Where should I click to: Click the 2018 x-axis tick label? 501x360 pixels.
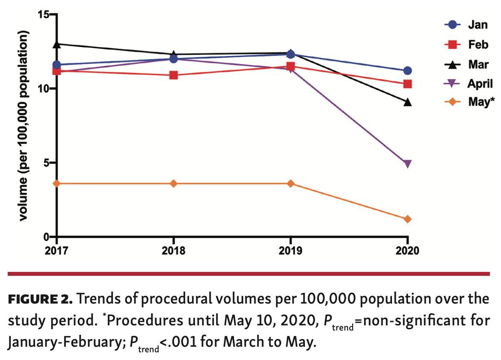(x=174, y=251)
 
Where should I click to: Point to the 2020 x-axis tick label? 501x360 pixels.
(x=407, y=251)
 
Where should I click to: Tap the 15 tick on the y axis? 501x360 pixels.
(x=43, y=15)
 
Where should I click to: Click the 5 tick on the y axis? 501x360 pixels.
(x=47, y=163)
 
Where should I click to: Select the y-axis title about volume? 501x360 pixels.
(x=24, y=126)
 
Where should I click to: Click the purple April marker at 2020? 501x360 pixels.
(x=407, y=164)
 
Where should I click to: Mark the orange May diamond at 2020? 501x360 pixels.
(x=407, y=219)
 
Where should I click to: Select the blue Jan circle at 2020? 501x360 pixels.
(x=407, y=71)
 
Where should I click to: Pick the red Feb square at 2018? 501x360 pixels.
(x=174, y=75)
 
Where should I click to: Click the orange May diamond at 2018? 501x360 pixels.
(x=174, y=183)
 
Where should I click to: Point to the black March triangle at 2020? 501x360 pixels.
(x=407, y=102)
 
